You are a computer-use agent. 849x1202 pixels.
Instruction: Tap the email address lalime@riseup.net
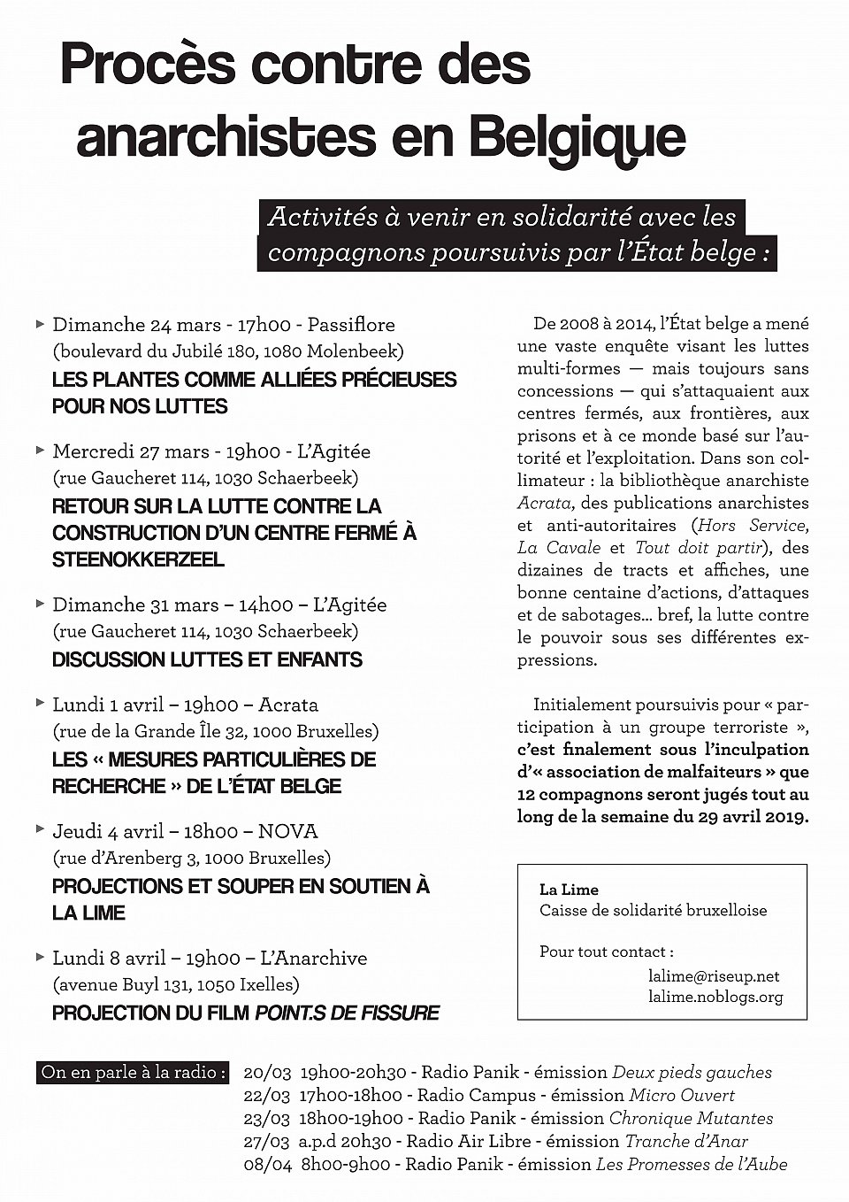(x=714, y=975)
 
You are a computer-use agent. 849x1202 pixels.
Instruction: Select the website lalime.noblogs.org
(x=715, y=997)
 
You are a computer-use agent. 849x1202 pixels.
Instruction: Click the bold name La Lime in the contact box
(x=569, y=890)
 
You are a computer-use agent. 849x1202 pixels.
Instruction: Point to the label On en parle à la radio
(x=134, y=1072)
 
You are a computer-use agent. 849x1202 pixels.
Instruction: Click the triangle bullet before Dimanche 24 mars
(x=40, y=324)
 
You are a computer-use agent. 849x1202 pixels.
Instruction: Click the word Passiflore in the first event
(x=351, y=325)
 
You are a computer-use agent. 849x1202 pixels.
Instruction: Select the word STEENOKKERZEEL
(x=138, y=559)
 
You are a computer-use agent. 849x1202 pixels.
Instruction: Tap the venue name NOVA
(x=287, y=831)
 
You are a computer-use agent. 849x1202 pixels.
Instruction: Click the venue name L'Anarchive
(x=313, y=958)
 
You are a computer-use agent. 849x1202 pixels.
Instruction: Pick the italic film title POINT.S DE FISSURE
(x=347, y=1013)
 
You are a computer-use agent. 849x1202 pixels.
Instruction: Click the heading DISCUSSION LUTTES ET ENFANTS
(x=207, y=659)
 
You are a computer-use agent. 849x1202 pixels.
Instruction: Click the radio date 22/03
(x=267, y=1095)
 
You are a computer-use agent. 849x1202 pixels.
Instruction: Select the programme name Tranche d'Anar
(x=686, y=1141)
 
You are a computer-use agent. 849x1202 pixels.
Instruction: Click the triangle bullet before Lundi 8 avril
(x=40, y=957)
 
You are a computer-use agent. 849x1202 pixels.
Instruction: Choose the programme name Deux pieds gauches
(x=692, y=1072)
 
